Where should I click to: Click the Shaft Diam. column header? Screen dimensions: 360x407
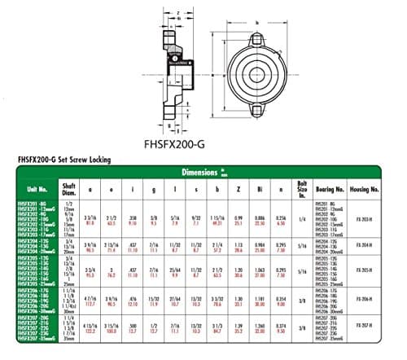70,188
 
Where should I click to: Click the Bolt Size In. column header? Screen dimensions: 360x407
303,189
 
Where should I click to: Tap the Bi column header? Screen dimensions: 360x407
260,188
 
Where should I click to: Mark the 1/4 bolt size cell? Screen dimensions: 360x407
302,219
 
